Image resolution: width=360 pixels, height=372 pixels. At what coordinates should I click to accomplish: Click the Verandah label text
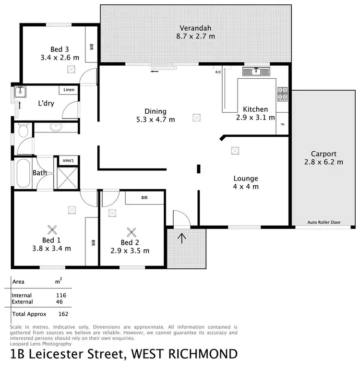click(196, 27)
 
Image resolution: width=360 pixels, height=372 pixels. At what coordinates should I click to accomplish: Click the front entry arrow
click(181, 238)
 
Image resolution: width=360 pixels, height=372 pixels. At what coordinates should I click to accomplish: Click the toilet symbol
click(22, 130)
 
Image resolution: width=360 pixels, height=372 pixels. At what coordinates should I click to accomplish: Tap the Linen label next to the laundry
click(68, 90)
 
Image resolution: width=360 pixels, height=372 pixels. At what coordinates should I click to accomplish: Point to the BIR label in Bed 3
click(92, 47)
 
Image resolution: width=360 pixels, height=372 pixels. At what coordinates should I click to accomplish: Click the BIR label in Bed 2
click(144, 197)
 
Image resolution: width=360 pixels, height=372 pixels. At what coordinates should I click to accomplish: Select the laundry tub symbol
click(19, 92)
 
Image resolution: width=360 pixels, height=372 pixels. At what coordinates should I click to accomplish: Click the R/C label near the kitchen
click(218, 72)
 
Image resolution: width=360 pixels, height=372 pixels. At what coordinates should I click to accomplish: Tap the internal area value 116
click(61, 295)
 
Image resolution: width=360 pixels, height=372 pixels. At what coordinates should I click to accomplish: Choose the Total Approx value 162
click(63, 314)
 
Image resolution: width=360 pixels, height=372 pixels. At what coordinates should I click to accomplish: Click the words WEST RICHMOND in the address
click(186, 355)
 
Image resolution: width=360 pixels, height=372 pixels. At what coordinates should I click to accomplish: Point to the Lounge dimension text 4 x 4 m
click(246, 186)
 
